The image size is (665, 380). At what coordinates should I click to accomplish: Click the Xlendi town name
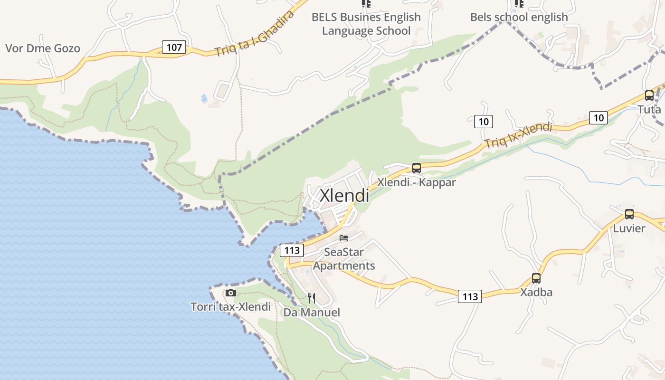[344, 195]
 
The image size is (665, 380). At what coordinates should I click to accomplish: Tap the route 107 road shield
[174, 47]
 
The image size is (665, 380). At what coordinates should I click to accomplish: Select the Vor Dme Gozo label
[43, 48]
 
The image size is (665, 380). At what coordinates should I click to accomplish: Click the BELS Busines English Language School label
[366, 24]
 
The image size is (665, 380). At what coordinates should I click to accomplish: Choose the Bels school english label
[519, 17]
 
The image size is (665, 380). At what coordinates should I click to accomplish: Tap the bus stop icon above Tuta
[649, 95]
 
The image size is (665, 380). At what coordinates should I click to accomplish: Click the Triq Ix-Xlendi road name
[518, 135]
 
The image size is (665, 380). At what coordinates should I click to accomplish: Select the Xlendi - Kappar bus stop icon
[417, 168]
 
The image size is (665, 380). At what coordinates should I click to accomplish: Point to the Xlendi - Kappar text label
[417, 182]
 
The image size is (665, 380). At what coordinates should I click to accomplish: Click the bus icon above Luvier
[629, 214]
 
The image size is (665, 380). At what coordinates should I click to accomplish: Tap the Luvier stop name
[629, 228]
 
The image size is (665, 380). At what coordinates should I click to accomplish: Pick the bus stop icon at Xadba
[536, 278]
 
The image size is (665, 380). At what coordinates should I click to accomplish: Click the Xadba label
[536, 292]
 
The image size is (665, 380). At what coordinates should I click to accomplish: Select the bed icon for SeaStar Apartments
[344, 238]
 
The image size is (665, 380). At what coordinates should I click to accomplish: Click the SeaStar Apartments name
[344, 259]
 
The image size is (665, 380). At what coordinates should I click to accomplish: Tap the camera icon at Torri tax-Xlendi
[231, 293]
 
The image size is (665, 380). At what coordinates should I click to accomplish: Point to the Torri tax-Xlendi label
[231, 307]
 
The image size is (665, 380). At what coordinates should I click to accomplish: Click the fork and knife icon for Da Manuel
[312, 298]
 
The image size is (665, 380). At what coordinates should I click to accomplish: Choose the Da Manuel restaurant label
[312, 313]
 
